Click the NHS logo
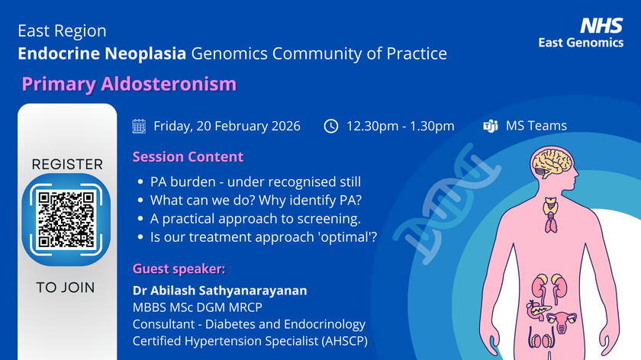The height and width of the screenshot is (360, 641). click(601, 26)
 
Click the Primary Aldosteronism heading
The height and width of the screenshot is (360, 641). click(128, 83)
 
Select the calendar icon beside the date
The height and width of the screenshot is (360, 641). click(139, 126)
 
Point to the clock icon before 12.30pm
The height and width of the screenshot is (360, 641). click(330, 126)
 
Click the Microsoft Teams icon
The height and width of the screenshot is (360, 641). click(491, 126)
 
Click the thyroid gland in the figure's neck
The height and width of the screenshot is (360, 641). click(550, 208)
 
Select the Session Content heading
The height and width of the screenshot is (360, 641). click(188, 157)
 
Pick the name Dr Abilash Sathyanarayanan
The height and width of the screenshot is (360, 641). click(224, 291)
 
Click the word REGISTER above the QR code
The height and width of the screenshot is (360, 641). click(67, 164)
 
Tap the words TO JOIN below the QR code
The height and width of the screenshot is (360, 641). click(67, 288)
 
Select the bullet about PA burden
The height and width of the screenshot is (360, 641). click(255, 182)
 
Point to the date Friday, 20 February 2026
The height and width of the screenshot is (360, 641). click(227, 126)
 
